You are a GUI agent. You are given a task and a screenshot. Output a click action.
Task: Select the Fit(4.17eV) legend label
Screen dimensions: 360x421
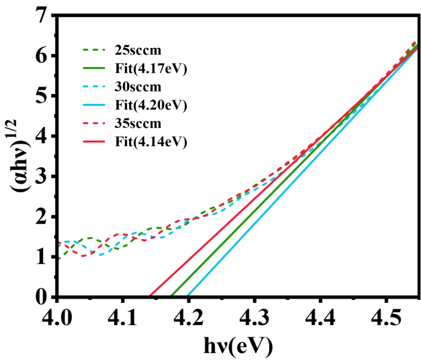click(x=149, y=68)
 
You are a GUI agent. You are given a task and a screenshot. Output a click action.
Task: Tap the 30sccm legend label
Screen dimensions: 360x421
click(x=139, y=87)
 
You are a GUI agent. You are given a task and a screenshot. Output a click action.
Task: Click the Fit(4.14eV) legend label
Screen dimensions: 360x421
click(x=149, y=142)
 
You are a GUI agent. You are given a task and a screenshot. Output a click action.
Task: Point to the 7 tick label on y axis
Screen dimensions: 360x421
click(x=41, y=16)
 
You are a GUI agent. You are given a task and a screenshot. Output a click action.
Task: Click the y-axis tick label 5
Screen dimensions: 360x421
click(x=41, y=96)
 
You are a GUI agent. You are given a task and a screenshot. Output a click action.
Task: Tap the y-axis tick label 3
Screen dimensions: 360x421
click(x=41, y=177)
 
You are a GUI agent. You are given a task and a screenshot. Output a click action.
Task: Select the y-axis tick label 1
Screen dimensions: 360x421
click(x=41, y=257)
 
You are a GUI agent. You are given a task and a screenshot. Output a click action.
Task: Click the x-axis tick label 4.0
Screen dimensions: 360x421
click(x=57, y=317)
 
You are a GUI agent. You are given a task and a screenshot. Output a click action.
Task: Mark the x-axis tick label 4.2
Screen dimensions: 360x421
click(x=189, y=317)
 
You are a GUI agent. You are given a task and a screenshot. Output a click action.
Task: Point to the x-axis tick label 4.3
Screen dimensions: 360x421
click(x=254, y=317)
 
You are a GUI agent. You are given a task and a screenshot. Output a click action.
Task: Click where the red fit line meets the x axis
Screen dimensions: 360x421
click(x=149, y=297)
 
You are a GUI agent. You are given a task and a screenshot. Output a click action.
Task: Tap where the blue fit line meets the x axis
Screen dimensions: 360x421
click(x=187, y=297)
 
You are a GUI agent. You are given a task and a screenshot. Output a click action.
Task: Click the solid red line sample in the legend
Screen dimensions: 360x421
click(x=95, y=143)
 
